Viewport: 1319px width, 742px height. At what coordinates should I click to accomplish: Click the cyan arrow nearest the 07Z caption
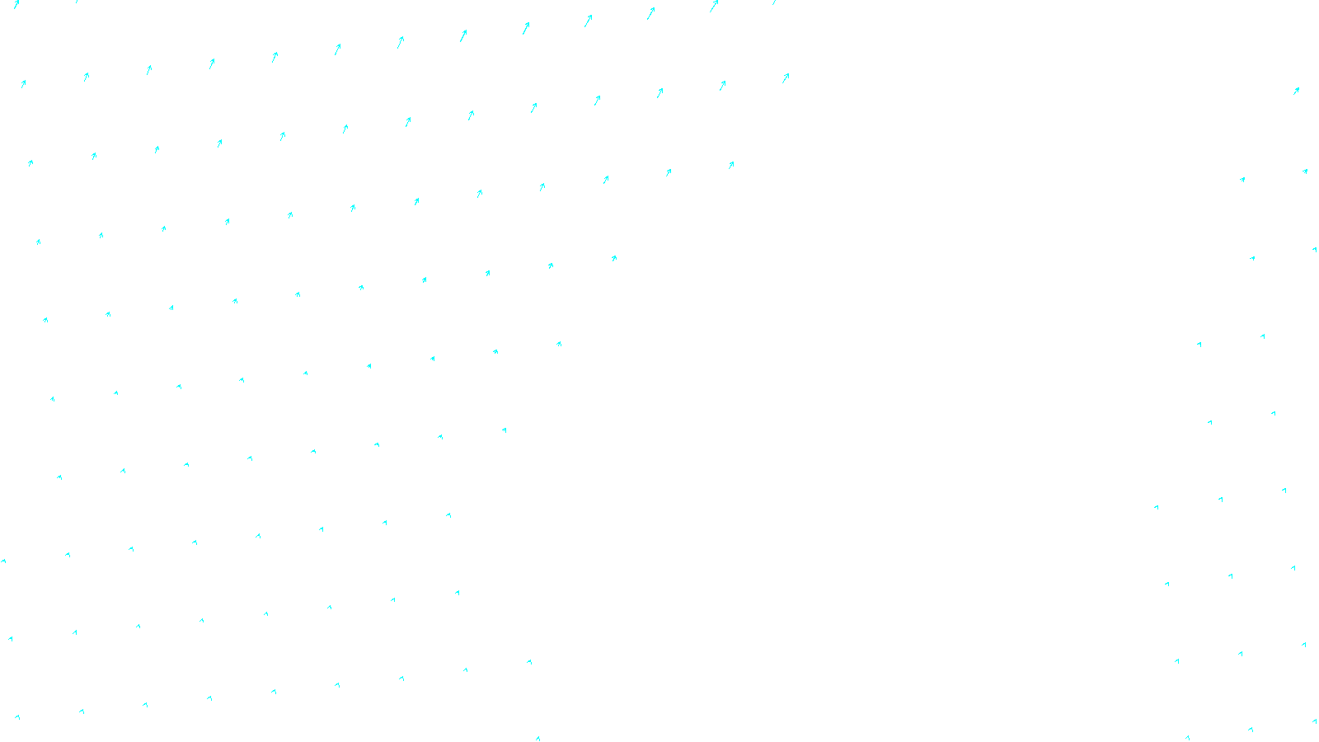tap(537, 739)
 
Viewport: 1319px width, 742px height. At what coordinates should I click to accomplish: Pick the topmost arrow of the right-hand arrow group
tap(1296, 91)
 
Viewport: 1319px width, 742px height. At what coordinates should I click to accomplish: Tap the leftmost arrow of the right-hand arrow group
tap(1157, 507)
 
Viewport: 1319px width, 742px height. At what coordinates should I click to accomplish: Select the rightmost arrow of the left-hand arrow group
tap(786, 77)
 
